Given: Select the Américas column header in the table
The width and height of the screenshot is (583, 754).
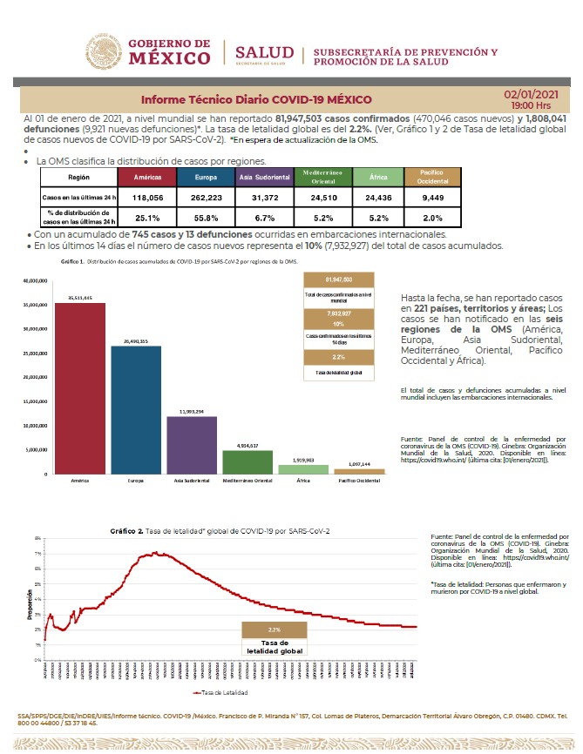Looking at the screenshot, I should [x=148, y=177].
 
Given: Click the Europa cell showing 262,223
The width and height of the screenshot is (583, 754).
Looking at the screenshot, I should [x=206, y=199].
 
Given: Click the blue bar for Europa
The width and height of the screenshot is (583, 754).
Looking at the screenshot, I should [x=136, y=409].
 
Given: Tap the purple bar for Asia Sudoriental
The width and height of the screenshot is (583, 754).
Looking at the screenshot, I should [x=192, y=444].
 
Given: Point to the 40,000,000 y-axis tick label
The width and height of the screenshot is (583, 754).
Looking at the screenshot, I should [x=30, y=281].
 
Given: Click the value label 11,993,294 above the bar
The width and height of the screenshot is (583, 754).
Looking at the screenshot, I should [x=192, y=411].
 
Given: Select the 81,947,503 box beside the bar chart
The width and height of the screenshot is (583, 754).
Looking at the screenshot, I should [x=338, y=279].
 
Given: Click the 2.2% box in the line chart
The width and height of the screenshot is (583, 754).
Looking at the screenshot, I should [x=274, y=629].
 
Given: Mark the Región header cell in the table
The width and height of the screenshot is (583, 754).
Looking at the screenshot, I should [x=78, y=177].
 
